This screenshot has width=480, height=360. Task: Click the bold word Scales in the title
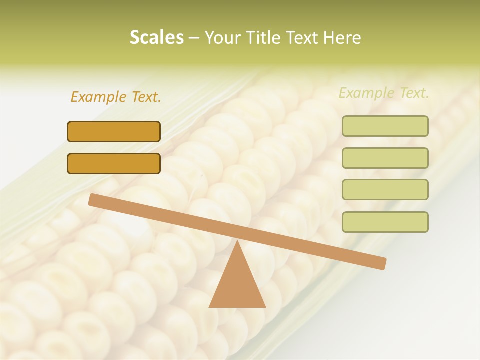pos(156,37)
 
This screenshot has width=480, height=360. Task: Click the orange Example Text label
pos(116,97)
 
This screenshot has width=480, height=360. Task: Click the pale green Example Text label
pos(384,93)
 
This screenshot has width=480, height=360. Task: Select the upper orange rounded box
pos(114,131)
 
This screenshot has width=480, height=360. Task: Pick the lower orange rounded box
pos(114,163)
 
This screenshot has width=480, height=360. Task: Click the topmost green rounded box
pos(385,126)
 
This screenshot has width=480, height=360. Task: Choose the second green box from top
pos(385,158)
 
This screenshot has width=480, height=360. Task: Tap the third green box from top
pos(385,189)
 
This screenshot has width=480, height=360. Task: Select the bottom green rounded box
pos(385,222)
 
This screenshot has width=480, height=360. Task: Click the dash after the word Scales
pos(194,37)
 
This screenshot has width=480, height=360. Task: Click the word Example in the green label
pos(366,93)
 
